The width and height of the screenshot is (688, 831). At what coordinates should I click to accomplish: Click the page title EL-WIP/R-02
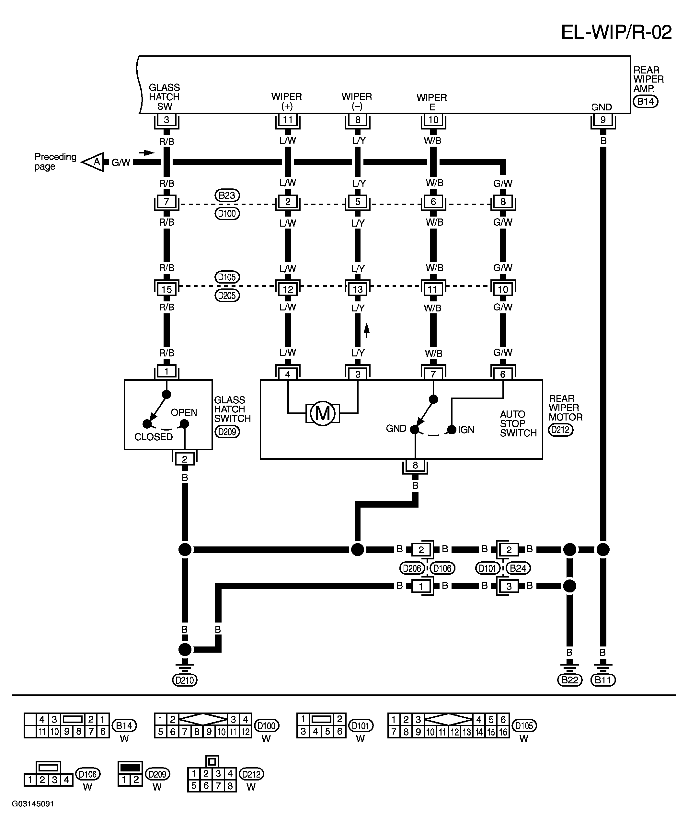[616, 32]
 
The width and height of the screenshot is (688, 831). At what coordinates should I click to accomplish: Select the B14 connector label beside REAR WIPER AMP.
[645, 102]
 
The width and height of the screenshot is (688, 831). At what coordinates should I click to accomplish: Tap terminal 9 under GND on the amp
[603, 119]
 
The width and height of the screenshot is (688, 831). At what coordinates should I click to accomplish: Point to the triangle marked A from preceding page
[93, 162]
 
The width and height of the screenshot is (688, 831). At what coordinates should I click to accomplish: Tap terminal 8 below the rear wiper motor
[415, 466]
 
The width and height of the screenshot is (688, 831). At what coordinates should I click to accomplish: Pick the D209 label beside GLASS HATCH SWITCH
[227, 431]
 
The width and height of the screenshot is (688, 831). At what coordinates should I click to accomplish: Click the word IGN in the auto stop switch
[466, 430]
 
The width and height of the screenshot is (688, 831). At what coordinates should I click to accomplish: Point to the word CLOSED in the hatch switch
[154, 437]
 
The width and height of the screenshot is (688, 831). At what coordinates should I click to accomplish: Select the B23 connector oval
[227, 196]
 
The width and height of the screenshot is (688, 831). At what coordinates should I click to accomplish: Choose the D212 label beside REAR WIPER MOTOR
[560, 430]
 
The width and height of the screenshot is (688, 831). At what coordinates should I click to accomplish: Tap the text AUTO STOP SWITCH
[518, 423]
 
